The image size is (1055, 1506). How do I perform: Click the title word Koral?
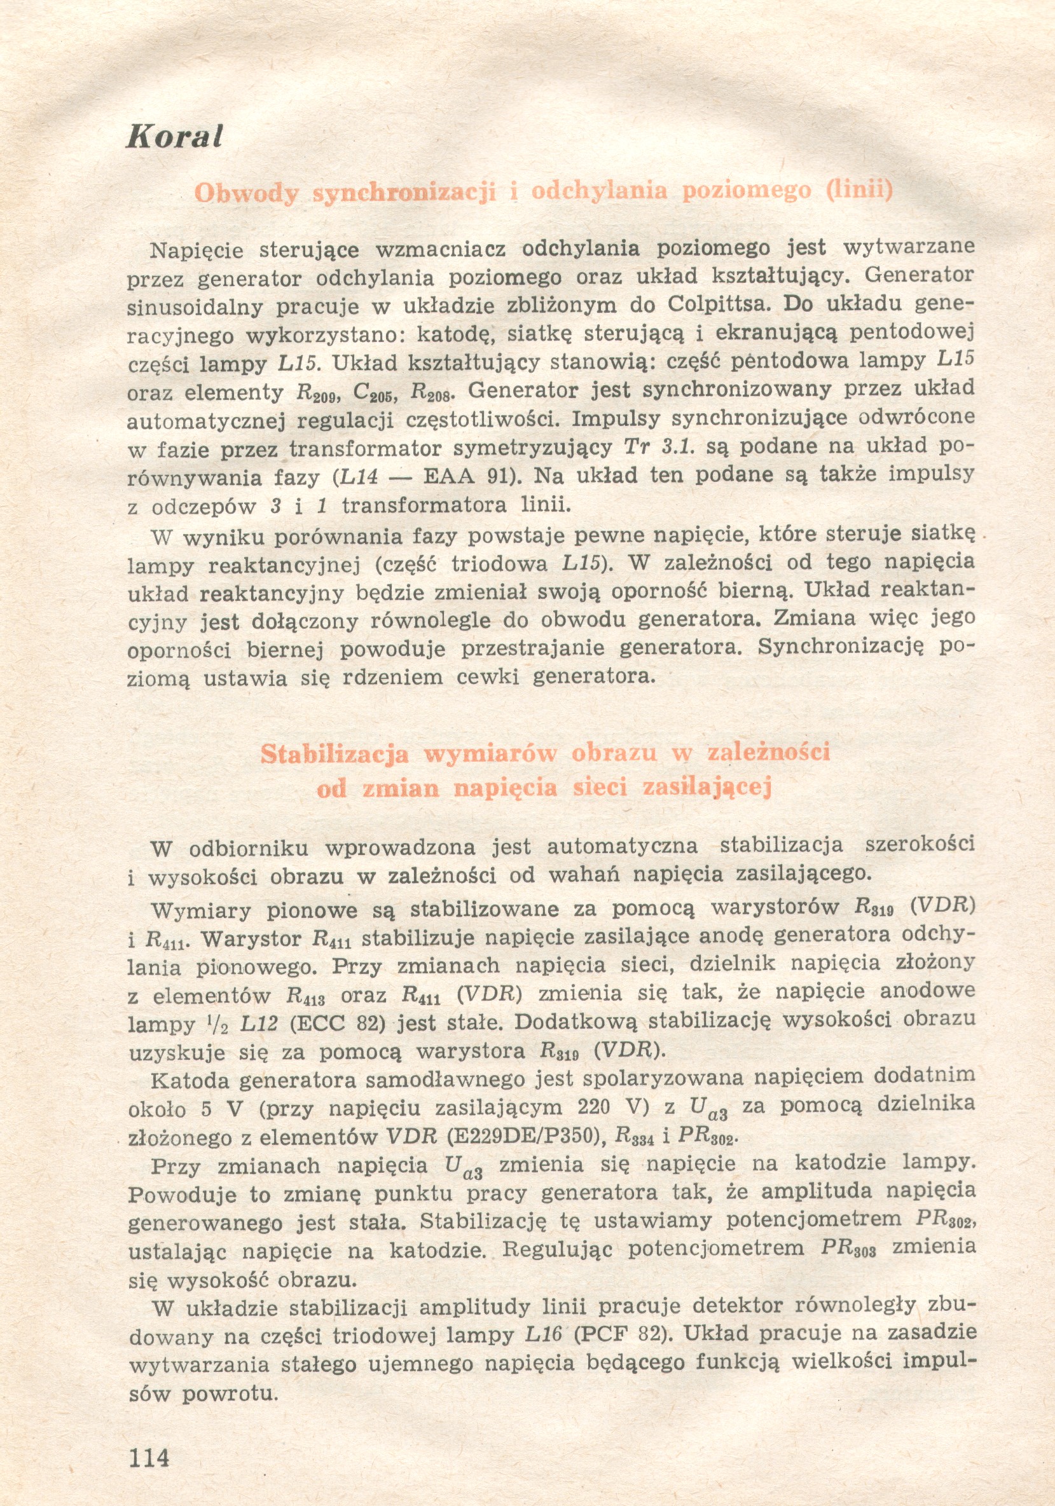[174, 136]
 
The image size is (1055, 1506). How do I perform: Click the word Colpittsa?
[720, 305]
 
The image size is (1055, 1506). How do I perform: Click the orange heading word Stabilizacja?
[334, 754]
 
